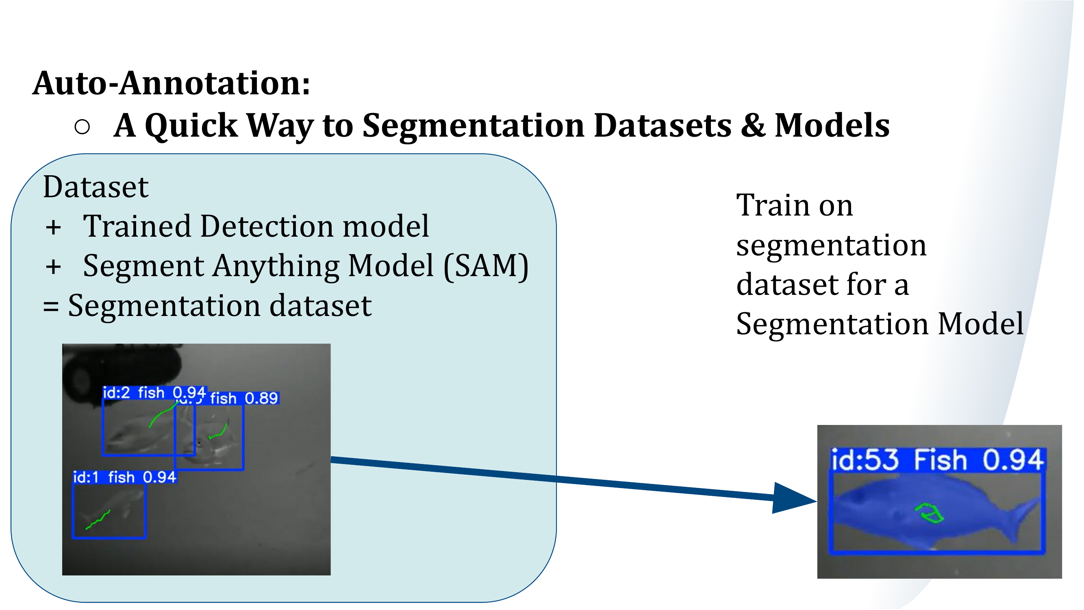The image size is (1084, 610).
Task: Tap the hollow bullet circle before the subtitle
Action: [x=82, y=126]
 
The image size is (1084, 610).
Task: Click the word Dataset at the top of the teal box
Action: [x=96, y=187]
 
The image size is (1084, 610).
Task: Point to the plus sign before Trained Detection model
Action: [x=53, y=228]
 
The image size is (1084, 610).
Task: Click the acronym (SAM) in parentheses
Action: [x=486, y=266]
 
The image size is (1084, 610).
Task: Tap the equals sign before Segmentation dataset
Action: [x=50, y=307]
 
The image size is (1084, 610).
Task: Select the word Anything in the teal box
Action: [x=276, y=266]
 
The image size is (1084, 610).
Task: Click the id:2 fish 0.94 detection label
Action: [x=154, y=393]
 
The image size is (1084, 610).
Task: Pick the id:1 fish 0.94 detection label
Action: [x=124, y=477]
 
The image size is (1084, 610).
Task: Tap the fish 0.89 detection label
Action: [x=244, y=398]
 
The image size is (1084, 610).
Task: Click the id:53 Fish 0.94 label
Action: [x=937, y=459]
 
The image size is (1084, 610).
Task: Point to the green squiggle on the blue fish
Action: [x=930, y=514]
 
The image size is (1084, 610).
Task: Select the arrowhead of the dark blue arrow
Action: [x=791, y=499]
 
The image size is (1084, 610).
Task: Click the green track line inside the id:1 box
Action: [x=98, y=520]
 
